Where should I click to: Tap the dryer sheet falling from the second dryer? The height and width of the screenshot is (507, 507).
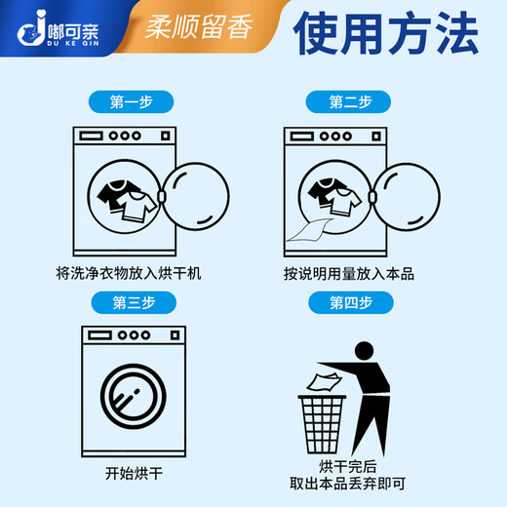pos(311,231)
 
